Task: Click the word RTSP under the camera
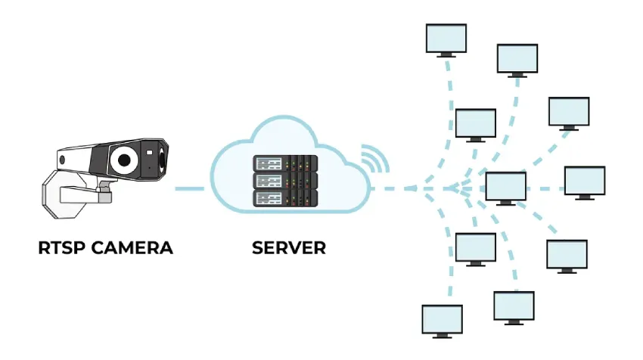(60, 248)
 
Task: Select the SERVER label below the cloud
(290, 248)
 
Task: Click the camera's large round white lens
(123, 160)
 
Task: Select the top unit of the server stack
(284, 163)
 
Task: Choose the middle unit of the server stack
(284, 182)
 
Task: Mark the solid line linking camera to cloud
(189, 188)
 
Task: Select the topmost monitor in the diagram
(446, 38)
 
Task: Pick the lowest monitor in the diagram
(441, 320)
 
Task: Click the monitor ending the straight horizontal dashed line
(585, 182)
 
